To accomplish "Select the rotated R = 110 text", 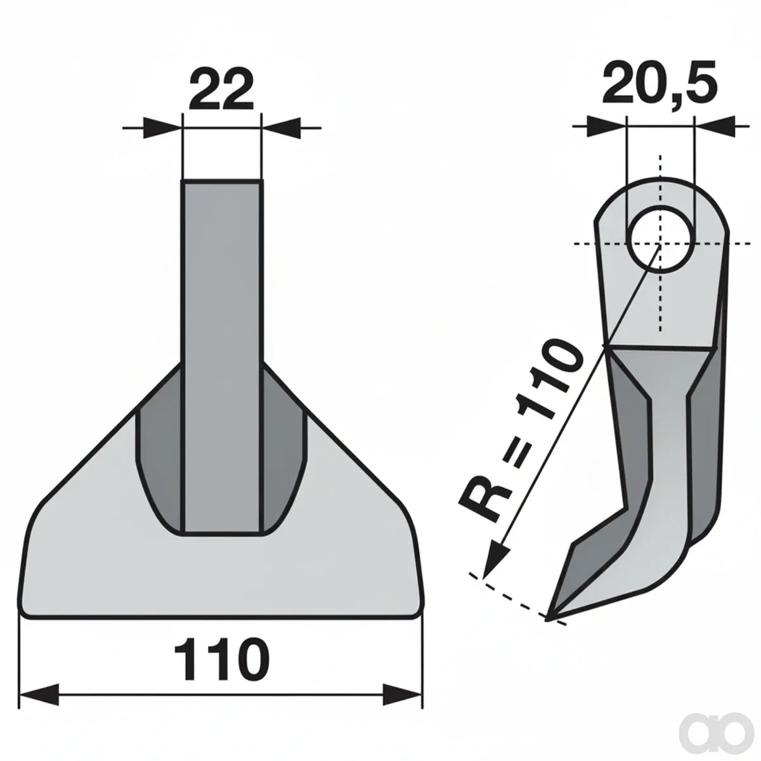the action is (521, 430).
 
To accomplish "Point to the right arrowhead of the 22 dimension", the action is (281, 127).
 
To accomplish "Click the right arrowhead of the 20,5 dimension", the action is (713, 126).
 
